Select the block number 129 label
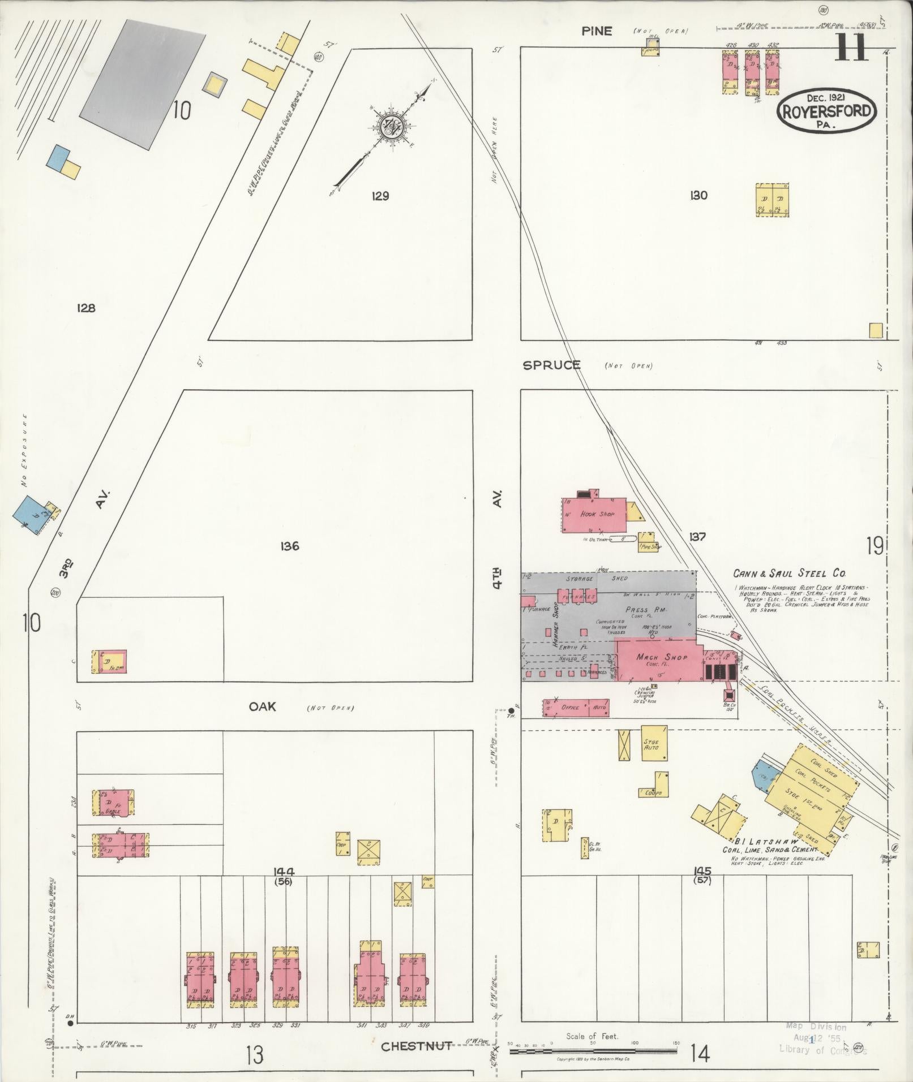(380, 196)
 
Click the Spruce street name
(551, 365)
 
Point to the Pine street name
(597, 31)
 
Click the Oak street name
(263, 706)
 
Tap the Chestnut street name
(416, 1046)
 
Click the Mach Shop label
(661, 657)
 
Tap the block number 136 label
(289, 546)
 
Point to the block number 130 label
(698, 196)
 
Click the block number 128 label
(86, 308)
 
